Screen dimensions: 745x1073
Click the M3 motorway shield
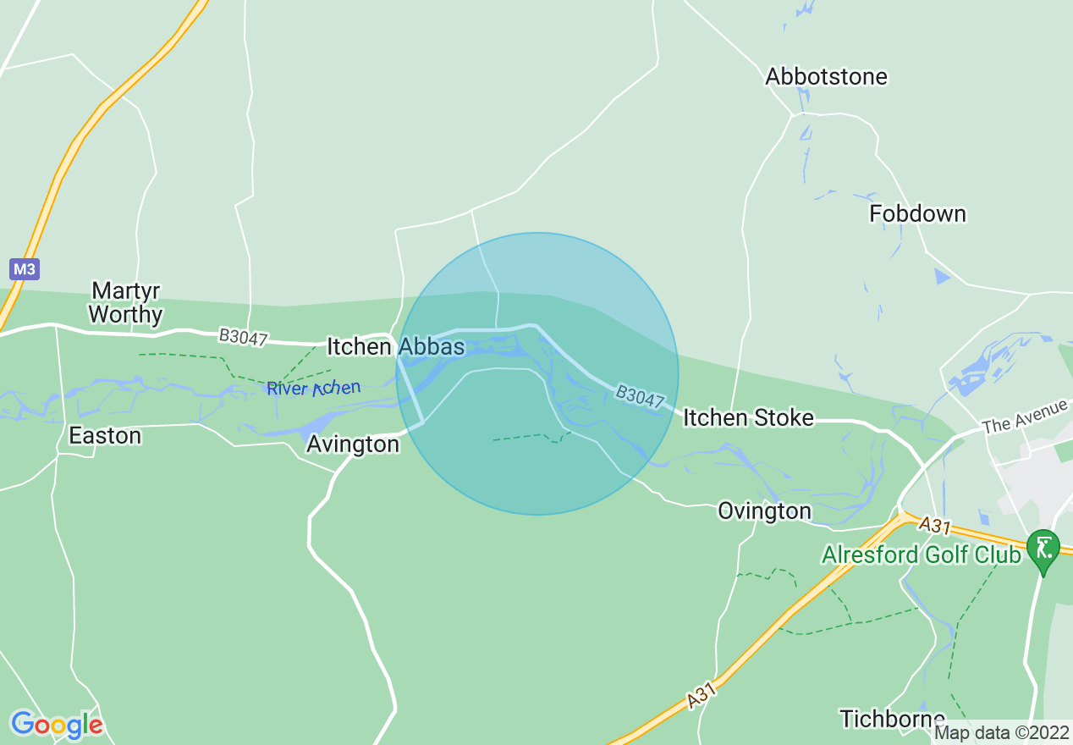25,270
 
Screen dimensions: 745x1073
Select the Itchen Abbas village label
395,347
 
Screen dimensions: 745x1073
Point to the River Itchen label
313,389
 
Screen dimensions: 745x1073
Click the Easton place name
105,436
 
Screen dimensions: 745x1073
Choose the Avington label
353,444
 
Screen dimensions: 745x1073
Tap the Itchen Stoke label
748,417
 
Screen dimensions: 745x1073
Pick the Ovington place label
764,510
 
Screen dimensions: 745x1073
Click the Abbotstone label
826,77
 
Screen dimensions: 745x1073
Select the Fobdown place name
917,214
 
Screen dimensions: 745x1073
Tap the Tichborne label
892,719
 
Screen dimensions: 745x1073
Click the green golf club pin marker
1043,549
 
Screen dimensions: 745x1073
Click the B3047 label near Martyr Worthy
243,338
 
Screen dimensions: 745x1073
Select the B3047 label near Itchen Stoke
639,397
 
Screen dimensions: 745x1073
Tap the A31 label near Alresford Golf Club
937,526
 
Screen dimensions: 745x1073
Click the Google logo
57,725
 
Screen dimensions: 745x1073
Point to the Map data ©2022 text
1002,732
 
